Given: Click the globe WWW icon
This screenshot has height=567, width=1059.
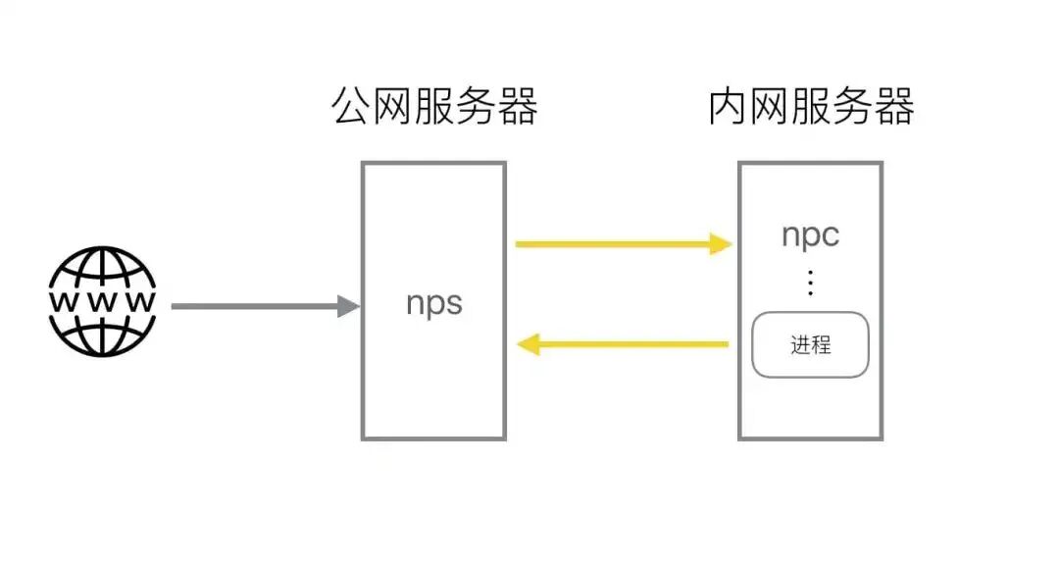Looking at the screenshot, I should [x=102, y=301].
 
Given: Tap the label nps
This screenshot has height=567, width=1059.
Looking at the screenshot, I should [x=433, y=302].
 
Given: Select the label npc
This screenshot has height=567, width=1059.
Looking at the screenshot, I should [x=810, y=235].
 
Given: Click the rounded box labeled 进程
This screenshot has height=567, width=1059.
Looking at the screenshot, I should [x=810, y=344].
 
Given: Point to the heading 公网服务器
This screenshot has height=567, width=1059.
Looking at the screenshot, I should [x=434, y=107].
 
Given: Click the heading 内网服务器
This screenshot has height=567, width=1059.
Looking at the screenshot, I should [x=811, y=107].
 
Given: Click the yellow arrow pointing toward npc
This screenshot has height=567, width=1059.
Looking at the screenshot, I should [x=624, y=243].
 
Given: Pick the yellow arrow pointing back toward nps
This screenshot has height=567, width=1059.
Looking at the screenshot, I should [x=624, y=344].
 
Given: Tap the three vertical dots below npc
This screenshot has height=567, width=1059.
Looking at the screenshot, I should [x=810, y=283].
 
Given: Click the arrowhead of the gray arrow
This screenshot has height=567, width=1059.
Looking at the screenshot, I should [x=349, y=306].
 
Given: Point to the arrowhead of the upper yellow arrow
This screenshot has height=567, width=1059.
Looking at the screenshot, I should [x=722, y=243].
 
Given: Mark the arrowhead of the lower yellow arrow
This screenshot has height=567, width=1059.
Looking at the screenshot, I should [x=528, y=344].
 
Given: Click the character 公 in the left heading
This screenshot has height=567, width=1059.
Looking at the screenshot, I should [x=353, y=107].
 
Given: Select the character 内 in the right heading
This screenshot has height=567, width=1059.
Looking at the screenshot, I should [x=729, y=107].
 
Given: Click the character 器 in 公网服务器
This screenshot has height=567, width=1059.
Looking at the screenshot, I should [x=517, y=107].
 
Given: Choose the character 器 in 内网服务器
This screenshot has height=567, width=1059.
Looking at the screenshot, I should [x=893, y=107].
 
